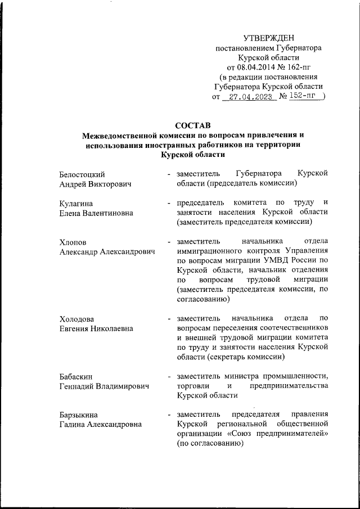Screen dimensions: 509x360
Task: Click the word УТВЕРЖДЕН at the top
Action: (x=268, y=38)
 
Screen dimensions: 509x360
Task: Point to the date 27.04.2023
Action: (x=249, y=97)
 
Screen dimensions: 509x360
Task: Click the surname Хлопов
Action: (x=74, y=242)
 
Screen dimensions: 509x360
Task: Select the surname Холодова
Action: (x=78, y=320)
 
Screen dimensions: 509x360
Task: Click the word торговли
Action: (x=191, y=386)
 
